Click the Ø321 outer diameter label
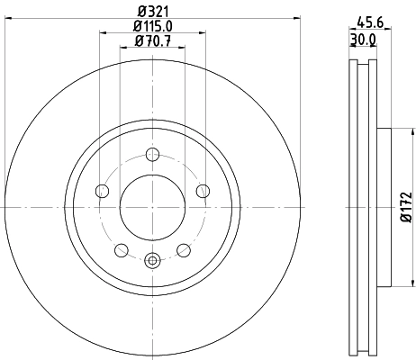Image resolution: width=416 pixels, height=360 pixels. [152, 12]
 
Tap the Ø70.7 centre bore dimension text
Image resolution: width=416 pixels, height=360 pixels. [152, 40]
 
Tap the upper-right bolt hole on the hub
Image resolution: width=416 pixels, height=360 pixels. [203, 190]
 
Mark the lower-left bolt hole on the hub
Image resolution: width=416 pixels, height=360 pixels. [120, 249]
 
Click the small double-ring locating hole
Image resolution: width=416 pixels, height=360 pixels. [151, 260]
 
